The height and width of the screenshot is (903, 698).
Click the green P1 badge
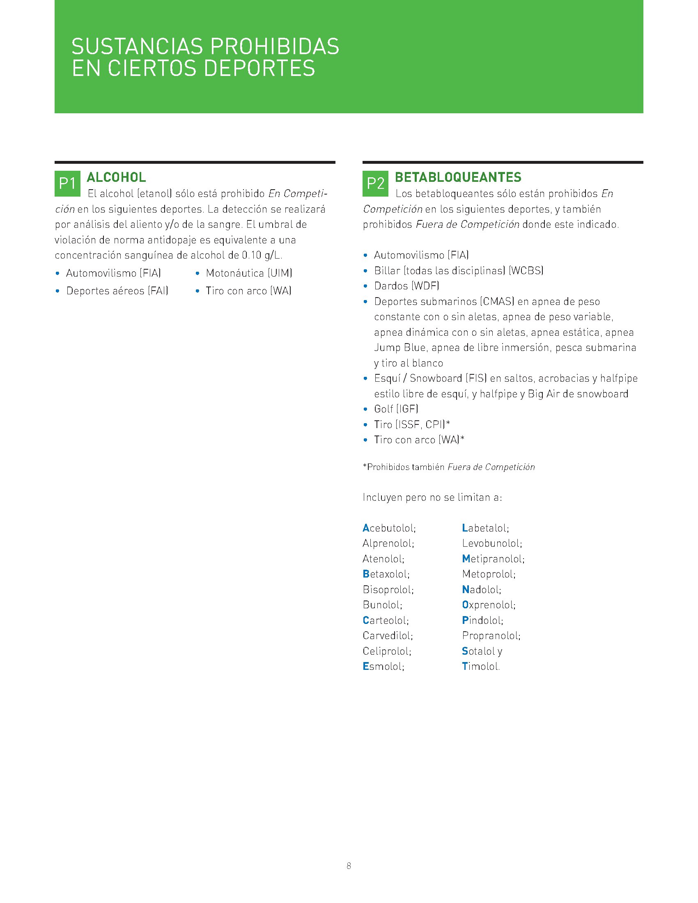click(67, 183)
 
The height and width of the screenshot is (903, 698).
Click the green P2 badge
click(375, 183)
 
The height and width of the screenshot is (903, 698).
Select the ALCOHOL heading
click(116, 177)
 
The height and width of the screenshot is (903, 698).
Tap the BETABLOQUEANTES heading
click(458, 177)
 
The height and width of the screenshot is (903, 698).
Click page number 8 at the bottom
click(349, 866)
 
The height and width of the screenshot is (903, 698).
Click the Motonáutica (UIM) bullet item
click(249, 273)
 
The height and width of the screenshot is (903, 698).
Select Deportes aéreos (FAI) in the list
click(117, 291)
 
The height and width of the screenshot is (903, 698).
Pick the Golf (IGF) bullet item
click(396, 409)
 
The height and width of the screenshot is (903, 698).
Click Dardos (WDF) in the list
click(406, 286)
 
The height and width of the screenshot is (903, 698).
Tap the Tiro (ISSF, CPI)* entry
click(412, 425)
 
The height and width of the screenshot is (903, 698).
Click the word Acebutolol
click(389, 528)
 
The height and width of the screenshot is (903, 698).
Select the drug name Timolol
click(480, 667)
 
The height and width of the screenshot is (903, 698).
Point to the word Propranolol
click(491, 635)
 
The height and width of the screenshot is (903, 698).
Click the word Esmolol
click(383, 667)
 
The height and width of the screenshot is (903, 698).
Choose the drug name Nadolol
click(481, 589)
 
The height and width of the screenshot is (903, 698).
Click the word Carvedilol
click(388, 635)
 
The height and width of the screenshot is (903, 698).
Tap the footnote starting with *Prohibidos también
click(449, 467)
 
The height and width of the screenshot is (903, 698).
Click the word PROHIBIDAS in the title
click(275, 46)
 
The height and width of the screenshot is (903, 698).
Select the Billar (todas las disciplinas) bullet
click(458, 271)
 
